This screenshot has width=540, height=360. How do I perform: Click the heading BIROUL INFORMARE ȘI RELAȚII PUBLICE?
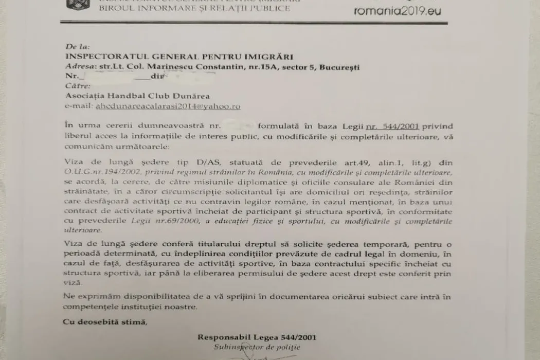[194, 8]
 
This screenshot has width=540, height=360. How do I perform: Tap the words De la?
[77, 47]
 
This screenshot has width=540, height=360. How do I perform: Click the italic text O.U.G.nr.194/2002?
[100, 173]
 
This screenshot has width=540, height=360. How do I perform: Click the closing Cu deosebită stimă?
[105, 322]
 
